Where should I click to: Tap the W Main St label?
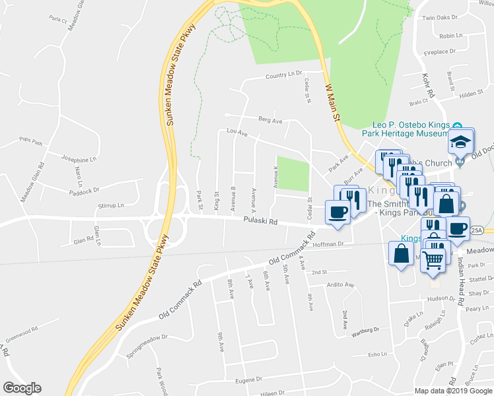332,102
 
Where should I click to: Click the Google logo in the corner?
22,388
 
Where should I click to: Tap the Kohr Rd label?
427,86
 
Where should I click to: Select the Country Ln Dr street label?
283,76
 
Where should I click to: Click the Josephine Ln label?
79,160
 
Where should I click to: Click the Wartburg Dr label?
365,330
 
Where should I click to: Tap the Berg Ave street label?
270,121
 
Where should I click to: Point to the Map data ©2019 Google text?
452,391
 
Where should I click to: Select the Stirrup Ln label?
110,206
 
